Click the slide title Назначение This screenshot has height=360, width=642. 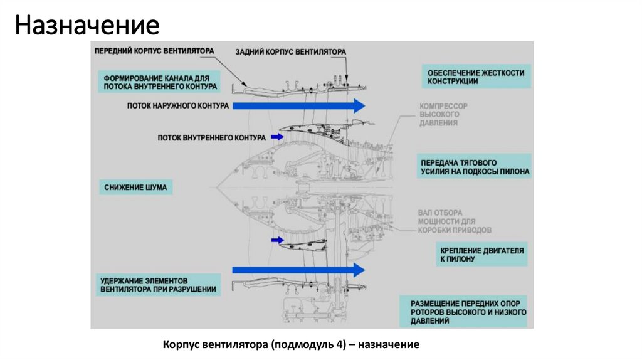pos(88,26)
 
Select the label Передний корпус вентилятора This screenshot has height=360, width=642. pos(154,50)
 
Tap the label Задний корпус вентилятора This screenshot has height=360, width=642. pos(290,51)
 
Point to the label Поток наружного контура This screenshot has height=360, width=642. pos(177,106)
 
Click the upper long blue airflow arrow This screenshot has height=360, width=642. pos(298,106)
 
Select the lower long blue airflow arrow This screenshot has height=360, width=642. pos(298,270)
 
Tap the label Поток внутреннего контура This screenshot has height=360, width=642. pos(211,137)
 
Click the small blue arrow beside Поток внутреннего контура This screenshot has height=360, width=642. pos(276,136)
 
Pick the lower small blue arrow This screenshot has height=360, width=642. pos(276,240)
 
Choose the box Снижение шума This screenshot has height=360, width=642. pos(135,188)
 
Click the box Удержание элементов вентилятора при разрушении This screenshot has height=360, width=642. pos(158,284)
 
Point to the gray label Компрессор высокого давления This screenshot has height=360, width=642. pos(443,115)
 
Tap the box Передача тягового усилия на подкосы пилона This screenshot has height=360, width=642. pos(475,166)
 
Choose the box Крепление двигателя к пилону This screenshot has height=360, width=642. pos(482,254)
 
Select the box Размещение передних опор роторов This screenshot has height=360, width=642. pos(465,312)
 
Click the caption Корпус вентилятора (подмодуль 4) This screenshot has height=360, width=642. pos(290,345)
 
